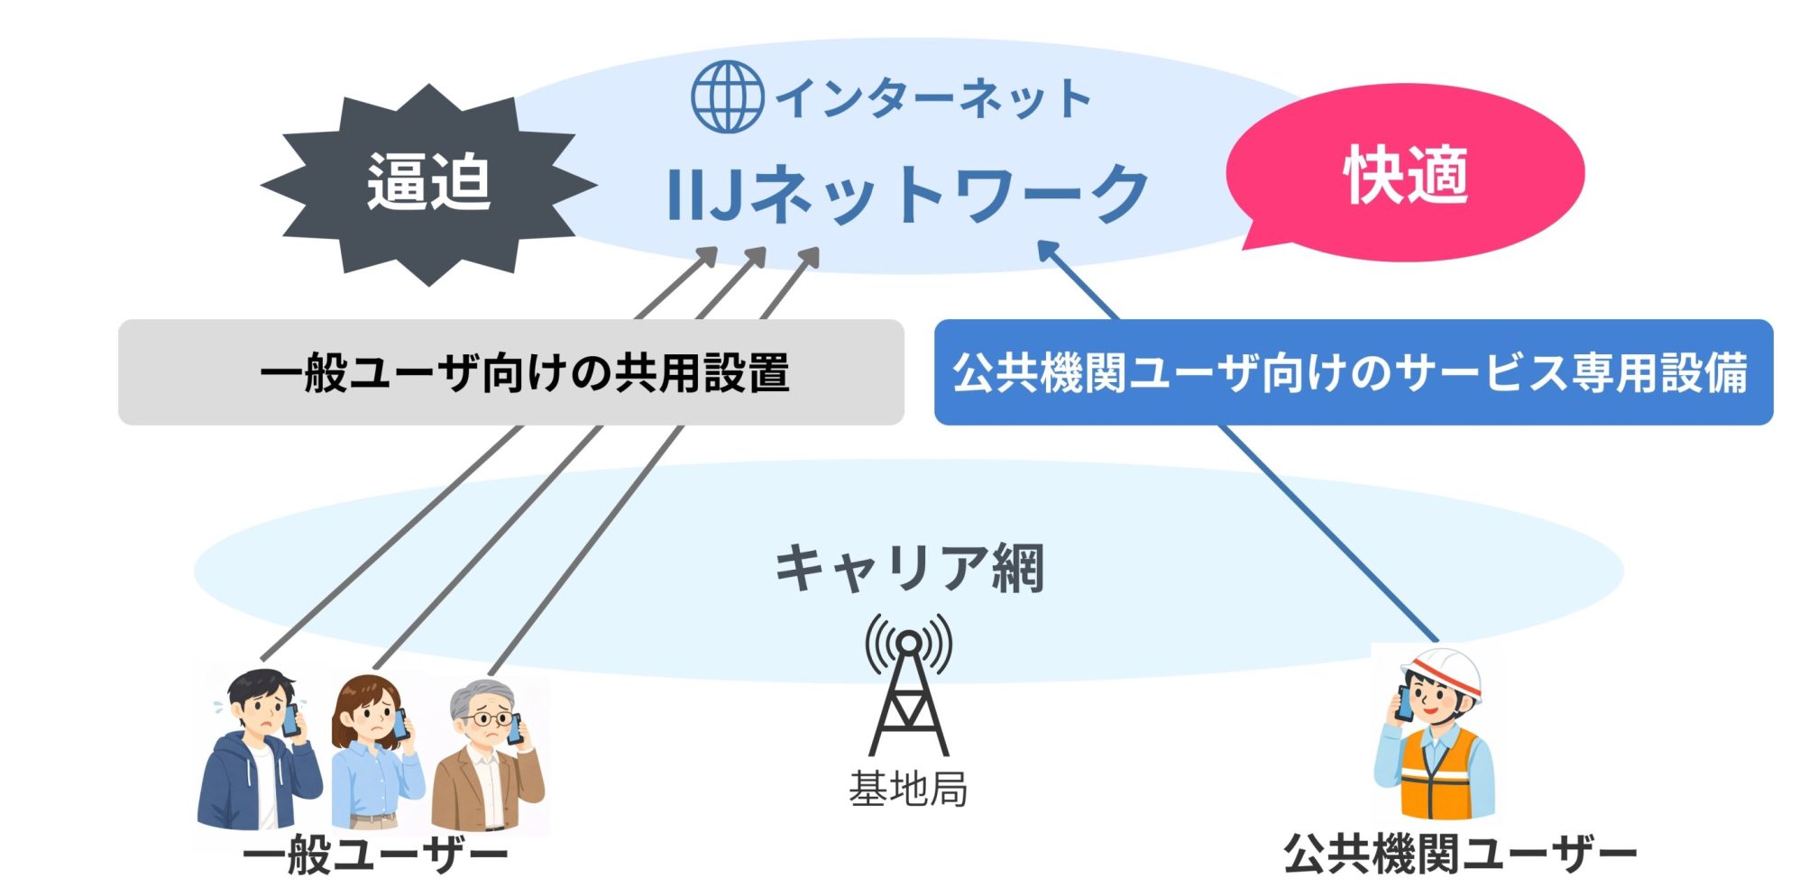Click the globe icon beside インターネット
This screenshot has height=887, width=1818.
click(x=727, y=96)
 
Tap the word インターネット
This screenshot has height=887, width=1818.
click(x=933, y=98)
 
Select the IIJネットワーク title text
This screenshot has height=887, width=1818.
click(x=906, y=194)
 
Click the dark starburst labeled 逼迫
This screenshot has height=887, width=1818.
click(x=429, y=184)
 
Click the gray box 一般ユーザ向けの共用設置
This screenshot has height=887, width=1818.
click(x=510, y=372)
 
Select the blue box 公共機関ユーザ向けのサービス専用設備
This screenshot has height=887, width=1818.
click(x=1353, y=372)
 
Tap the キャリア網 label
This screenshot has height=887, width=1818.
click(x=909, y=568)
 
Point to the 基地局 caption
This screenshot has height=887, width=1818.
click(x=908, y=789)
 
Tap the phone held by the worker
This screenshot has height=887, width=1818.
click(x=1404, y=703)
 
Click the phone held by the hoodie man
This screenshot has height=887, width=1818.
click(x=290, y=719)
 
